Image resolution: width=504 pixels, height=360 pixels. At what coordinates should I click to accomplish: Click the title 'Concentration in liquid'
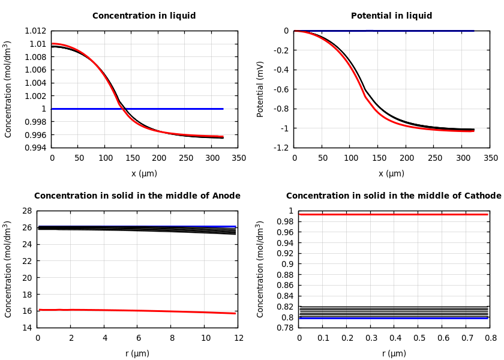pos(144,16)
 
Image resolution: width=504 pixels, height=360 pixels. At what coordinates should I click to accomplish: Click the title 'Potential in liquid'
pos(391,16)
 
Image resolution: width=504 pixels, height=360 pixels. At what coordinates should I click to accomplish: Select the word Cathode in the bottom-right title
pos(483,196)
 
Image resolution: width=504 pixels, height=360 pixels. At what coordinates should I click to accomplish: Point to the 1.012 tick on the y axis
pos(35,31)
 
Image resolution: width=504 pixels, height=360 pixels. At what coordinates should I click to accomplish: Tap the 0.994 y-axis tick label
pos(35,148)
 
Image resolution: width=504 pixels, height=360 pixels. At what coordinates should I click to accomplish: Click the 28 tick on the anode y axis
pos(26,211)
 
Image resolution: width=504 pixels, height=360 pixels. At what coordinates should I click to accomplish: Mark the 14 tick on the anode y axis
pos(26,328)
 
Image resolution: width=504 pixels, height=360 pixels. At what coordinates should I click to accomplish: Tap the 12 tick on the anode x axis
pos(238,338)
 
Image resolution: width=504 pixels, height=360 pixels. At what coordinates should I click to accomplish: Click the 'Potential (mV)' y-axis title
pos(260,89)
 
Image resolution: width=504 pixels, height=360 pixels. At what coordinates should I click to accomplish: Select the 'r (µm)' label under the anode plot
pos(137,353)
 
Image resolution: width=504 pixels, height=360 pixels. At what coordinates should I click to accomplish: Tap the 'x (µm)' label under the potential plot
pos(391,173)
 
